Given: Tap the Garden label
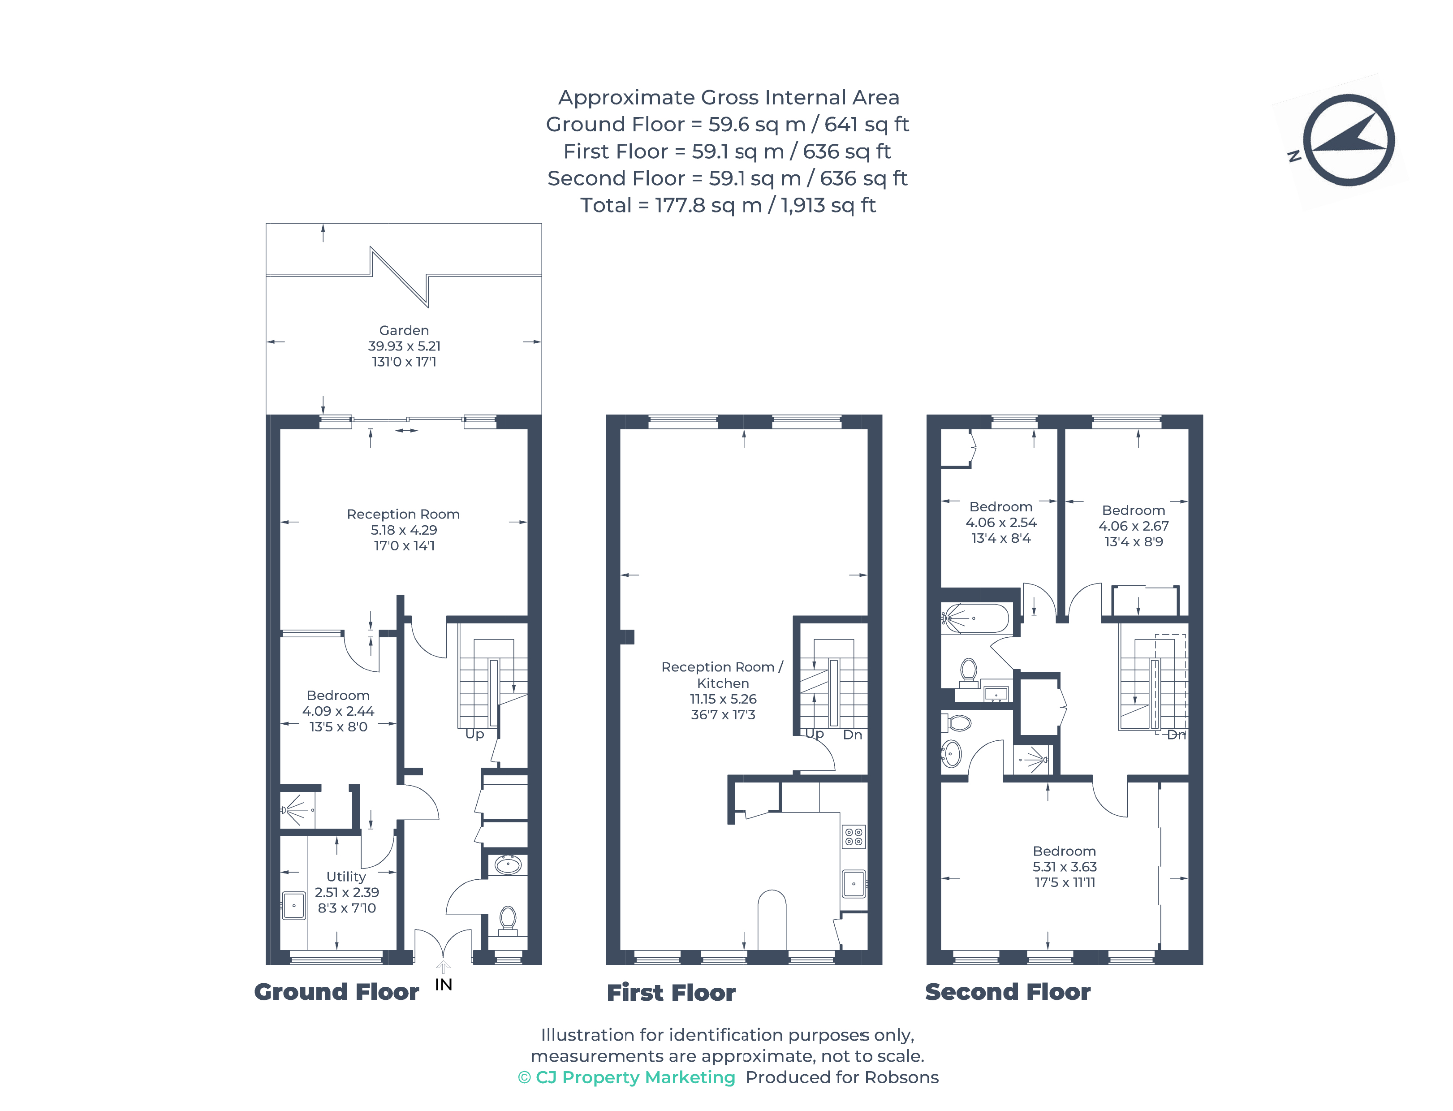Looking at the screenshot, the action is (x=403, y=330).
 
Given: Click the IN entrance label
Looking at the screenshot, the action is (x=443, y=985).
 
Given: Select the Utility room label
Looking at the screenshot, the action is (x=346, y=876).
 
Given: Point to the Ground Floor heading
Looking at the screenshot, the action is (x=336, y=992).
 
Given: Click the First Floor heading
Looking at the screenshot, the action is (x=671, y=993).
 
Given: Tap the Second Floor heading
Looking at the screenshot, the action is (x=1008, y=992).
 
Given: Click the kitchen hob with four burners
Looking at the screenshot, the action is (x=854, y=837).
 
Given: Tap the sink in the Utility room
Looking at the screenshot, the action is (x=293, y=905).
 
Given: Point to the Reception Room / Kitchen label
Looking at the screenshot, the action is (x=723, y=675).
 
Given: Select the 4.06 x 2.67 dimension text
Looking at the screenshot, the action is (x=1134, y=526).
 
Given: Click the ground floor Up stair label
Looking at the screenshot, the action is (x=474, y=734).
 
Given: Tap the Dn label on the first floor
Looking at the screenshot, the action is (x=852, y=735).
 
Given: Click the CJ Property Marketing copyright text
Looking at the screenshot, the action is (x=627, y=1077).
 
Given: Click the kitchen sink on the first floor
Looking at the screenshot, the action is (x=854, y=883).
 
